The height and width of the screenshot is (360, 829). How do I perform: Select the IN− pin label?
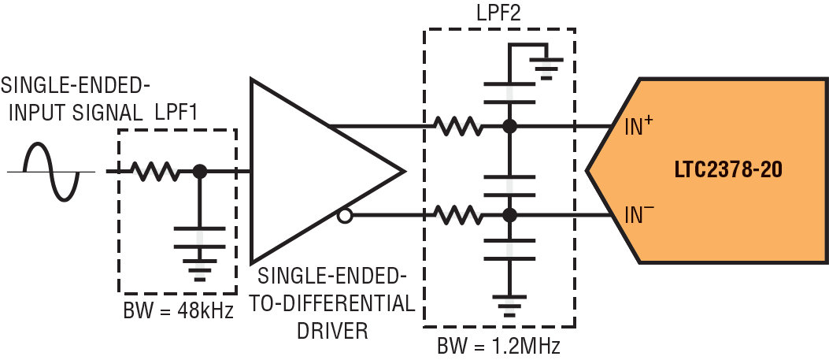tap(638, 214)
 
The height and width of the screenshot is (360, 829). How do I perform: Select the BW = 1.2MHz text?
tap(499, 344)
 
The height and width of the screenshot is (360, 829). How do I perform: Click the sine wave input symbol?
tap(52, 171)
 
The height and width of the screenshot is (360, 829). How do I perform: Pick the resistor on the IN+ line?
tap(457, 126)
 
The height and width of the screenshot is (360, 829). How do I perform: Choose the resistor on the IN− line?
tap(457, 213)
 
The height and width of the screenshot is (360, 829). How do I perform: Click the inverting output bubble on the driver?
tap(343, 214)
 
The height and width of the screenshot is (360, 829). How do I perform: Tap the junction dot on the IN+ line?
tap(509, 126)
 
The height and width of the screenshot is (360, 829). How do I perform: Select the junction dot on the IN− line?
tap(509, 213)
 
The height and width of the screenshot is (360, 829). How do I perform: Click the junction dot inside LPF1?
tap(200, 170)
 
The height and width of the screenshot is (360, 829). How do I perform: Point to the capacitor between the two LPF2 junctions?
tap(509, 186)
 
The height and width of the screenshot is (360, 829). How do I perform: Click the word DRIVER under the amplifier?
tap(332, 330)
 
